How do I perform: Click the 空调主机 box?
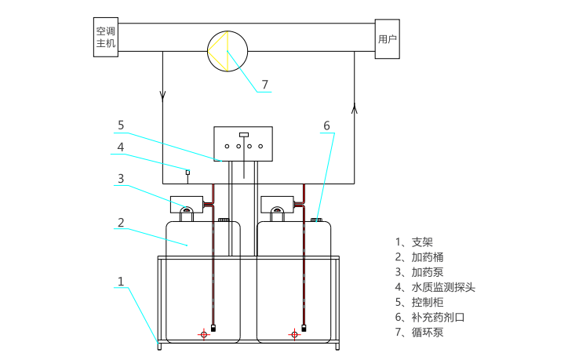[106, 37]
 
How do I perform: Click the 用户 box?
[388, 38]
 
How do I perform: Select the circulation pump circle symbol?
[228, 52]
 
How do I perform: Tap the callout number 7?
[264, 84]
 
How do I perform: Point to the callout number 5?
[121, 125]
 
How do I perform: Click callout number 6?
[326, 125]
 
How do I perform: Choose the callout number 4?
[121, 147]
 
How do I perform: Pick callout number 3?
[121, 178]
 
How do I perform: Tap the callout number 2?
[121, 222]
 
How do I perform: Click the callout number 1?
[121, 280]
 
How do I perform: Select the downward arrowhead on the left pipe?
[163, 97]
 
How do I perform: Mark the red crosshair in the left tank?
[204, 334]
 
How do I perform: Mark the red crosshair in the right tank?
[294, 334]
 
